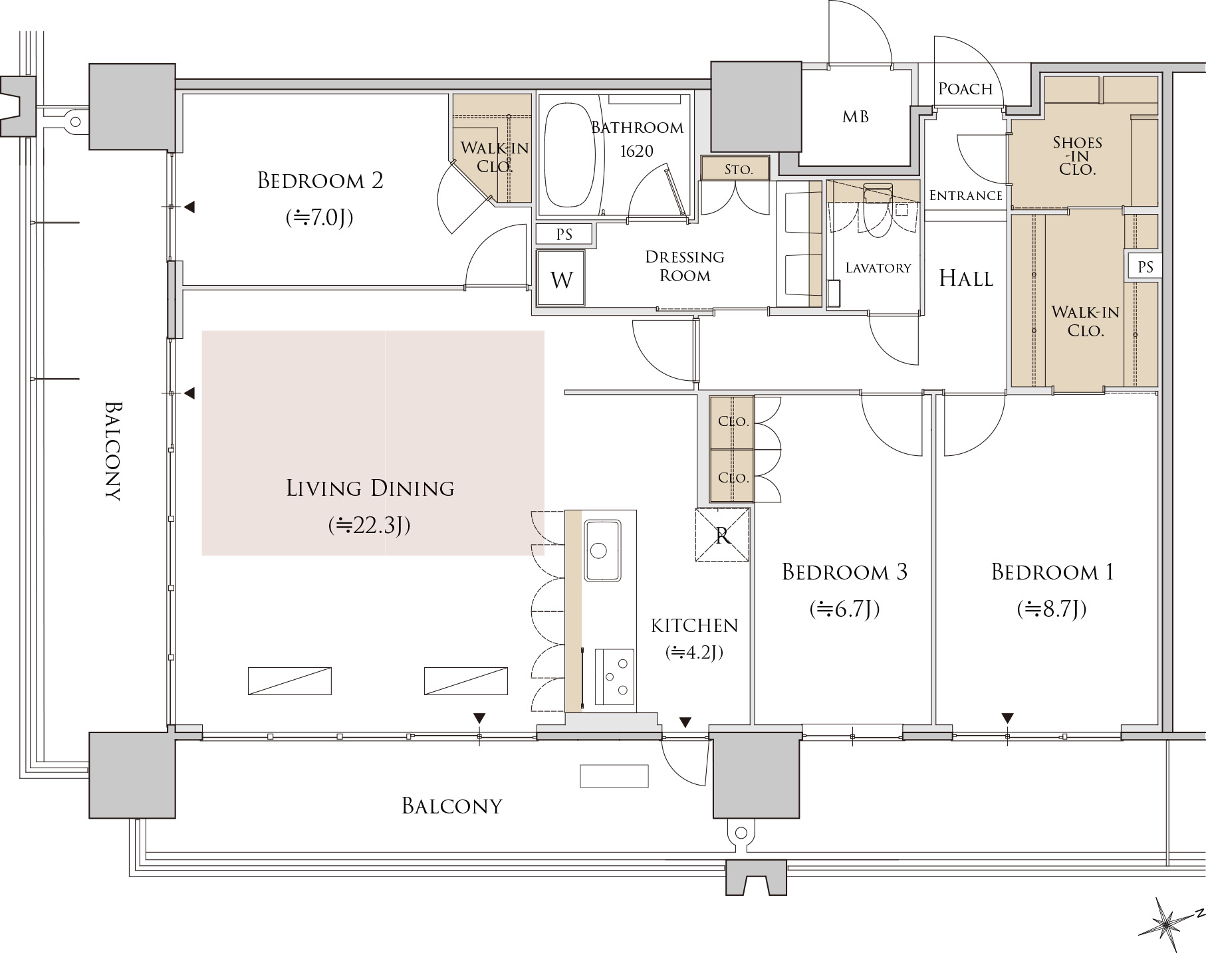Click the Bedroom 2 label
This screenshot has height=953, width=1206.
[x=320, y=181]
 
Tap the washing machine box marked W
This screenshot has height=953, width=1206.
[x=561, y=278]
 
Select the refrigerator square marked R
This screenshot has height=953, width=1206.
[x=723, y=535]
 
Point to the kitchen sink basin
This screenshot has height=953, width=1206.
[x=602, y=550]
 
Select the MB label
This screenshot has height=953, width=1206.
[x=855, y=117]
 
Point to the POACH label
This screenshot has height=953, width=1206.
[x=965, y=89]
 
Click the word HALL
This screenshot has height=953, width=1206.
[x=966, y=278]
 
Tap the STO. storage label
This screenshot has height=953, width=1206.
[x=738, y=169]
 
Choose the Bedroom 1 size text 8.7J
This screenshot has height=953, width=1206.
[x=1052, y=609]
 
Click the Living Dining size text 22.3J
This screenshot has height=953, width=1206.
[x=370, y=526]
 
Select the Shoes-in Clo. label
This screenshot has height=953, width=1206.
[x=1077, y=156]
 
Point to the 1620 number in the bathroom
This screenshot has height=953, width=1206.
[x=637, y=151]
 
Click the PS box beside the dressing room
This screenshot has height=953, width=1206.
[x=564, y=234]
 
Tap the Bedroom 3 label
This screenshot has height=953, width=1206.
[x=844, y=572]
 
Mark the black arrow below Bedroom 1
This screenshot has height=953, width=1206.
[x=1008, y=718]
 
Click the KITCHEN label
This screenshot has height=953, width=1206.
[x=694, y=625]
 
